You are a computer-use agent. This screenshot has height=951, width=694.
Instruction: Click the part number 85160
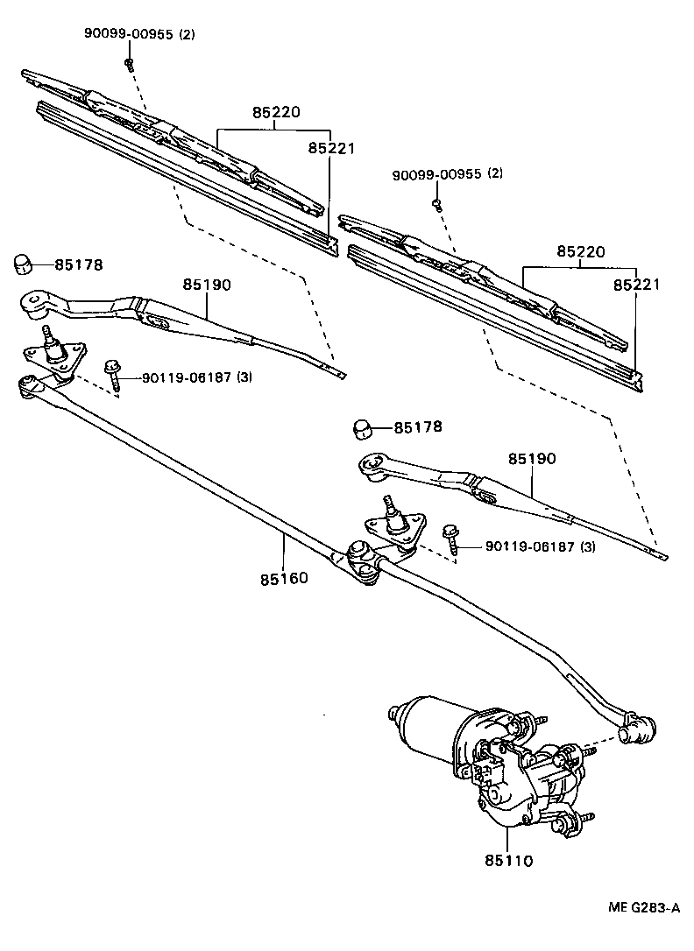284,579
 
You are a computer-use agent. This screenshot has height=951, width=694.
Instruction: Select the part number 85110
508,860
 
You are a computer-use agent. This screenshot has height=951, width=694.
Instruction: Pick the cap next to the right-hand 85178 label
364,428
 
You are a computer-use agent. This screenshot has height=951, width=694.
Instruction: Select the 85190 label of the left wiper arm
207,285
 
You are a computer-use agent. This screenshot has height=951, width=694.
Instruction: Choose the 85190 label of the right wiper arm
532,459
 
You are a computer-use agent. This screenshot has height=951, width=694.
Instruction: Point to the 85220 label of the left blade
276,113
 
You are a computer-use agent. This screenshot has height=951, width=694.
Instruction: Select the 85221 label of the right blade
636,285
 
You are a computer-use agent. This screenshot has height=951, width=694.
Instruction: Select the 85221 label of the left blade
331,149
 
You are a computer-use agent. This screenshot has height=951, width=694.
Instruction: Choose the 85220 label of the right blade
580,251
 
